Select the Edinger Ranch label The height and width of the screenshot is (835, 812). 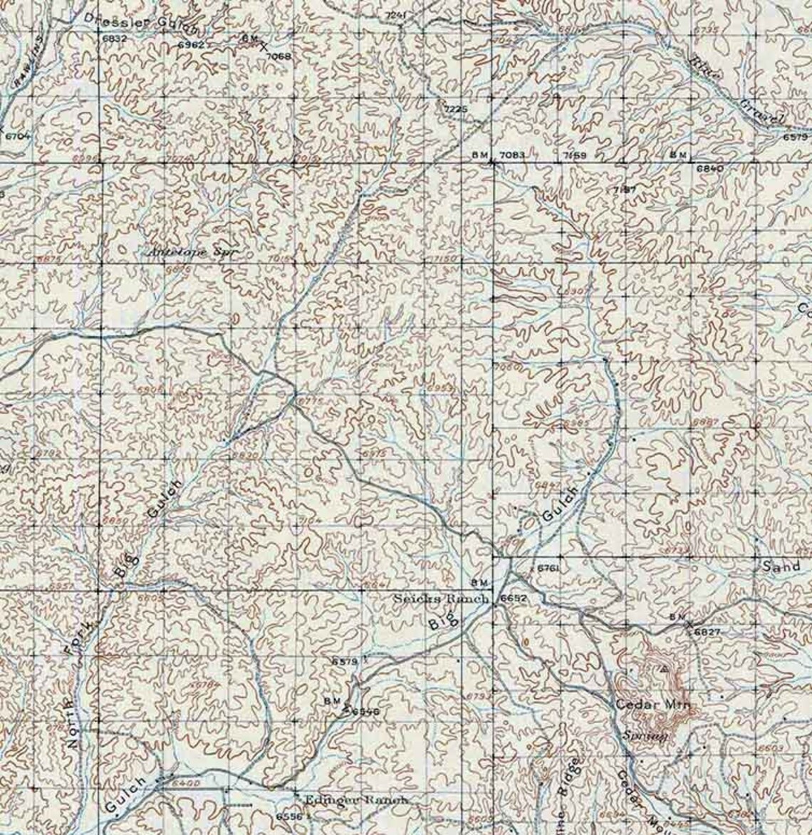(x=355, y=800)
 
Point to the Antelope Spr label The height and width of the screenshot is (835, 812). (x=189, y=252)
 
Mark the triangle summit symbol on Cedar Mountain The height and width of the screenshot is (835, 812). (x=664, y=669)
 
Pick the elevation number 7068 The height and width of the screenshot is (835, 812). (x=278, y=56)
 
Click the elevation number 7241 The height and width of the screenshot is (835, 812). (x=396, y=15)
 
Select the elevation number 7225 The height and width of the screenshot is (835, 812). (x=455, y=109)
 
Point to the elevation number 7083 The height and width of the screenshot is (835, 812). (x=512, y=155)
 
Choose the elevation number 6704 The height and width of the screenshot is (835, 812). (x=18, y=135)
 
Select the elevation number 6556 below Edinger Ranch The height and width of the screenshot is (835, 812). (x=288, y=816)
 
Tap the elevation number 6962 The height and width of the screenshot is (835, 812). (x=191, y=45)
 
